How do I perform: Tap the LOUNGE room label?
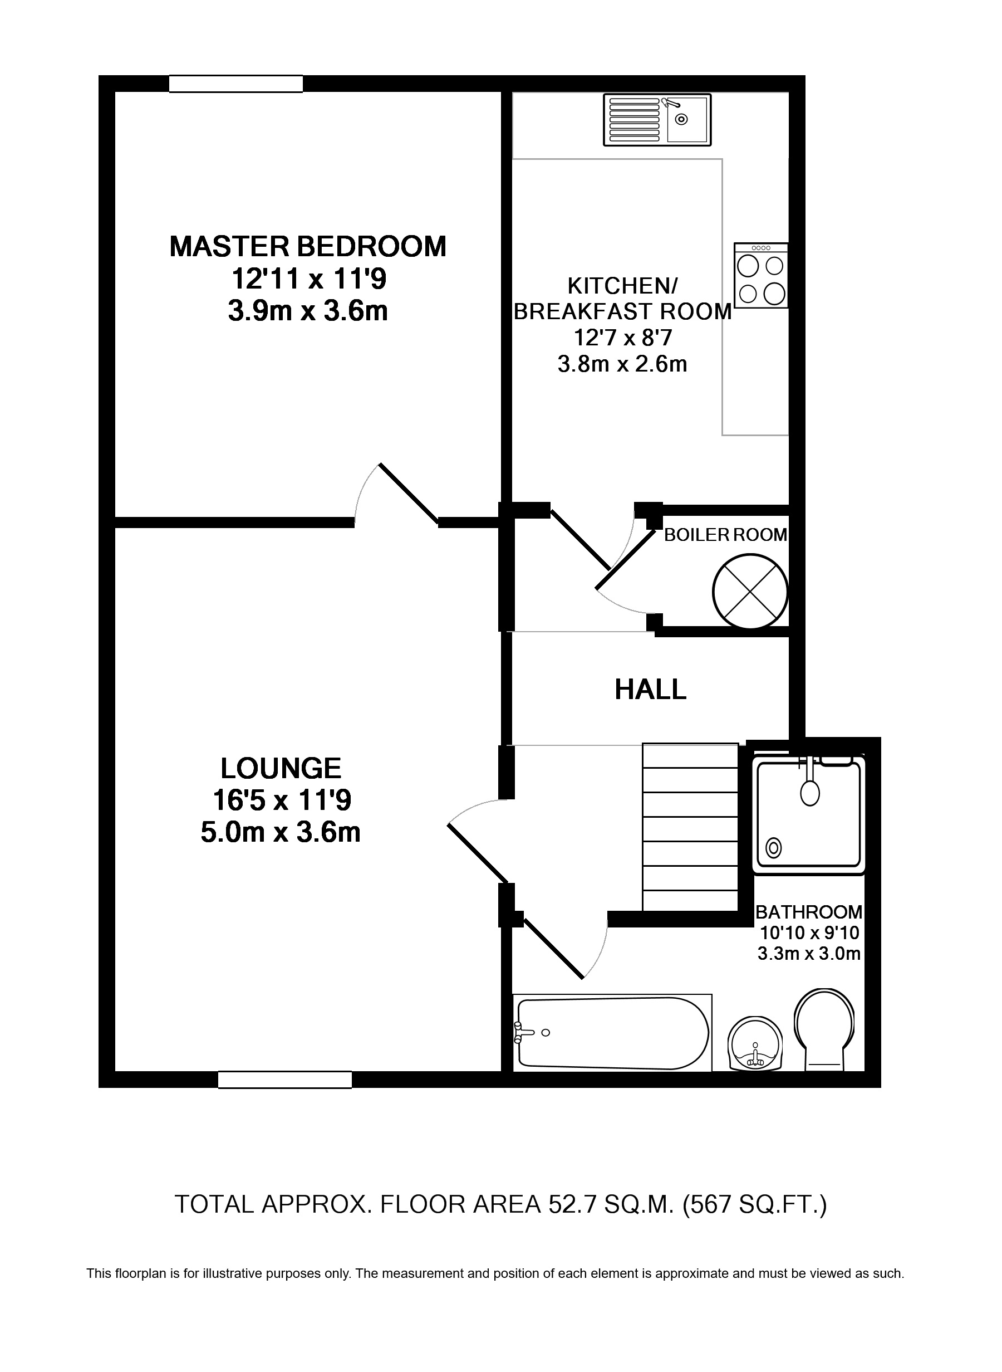(x=281, y=768)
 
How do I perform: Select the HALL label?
(x=650, y=690)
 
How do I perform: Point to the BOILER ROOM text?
(x=725, y=535)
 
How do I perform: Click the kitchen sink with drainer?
(x=657, y=120)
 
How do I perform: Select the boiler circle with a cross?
(x=750, y=592)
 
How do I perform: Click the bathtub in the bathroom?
(x=611, y=1032)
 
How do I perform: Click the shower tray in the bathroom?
(x=810, y=814)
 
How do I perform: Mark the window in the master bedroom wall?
(x=235, y=84)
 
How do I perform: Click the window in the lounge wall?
(x=284, y=1080)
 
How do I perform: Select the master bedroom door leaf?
(x=408, y=494)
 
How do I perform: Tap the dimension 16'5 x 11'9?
(x=282, y=800)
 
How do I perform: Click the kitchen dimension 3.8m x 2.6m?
(x=622, y=364)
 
